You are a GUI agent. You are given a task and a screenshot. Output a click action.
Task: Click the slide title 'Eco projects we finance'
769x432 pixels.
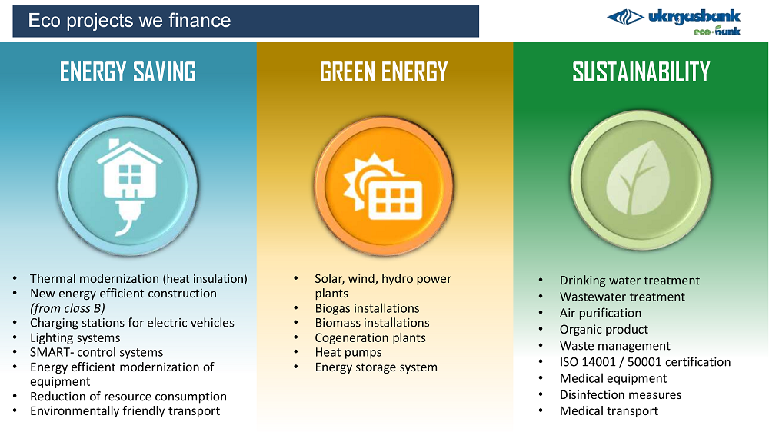click(x=129, y=21)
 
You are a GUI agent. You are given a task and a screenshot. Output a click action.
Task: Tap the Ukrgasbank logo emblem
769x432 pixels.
click(x=625, y=17)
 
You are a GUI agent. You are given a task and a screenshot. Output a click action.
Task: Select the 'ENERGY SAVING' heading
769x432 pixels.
click(x=128, y=71)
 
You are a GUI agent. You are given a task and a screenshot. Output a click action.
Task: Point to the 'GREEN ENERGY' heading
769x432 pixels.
click(x=384, y=71)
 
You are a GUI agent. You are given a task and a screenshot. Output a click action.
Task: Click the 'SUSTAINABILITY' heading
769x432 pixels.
click(x=641, y=71)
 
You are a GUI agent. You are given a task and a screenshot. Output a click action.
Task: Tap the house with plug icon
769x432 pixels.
click(x=128, y=186)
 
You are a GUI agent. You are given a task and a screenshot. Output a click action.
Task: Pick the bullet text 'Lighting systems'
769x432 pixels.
click(x=75, y=338)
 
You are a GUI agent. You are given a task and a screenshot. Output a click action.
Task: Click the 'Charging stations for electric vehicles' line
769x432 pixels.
click(x=132, y=323)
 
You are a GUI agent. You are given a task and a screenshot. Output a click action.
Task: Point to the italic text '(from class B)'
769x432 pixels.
click(x=68, y=308)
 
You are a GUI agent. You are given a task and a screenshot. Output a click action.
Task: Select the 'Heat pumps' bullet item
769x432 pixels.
click(x=348, y=353)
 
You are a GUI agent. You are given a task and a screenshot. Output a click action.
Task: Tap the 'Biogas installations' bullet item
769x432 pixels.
click(x=368, y=308)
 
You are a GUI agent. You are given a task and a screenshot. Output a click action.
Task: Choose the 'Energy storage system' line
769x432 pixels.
click(x=376, y=367)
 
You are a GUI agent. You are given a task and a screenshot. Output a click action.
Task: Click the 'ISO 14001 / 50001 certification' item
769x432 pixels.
click(x=645, y=362)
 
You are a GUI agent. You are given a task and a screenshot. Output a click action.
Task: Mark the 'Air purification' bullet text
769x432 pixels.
click(x=601, y=313)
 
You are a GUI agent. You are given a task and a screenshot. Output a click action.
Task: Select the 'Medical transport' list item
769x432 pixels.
click(x=608, y=411)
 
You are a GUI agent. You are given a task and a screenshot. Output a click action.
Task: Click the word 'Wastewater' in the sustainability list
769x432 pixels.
click(x=590, y=297)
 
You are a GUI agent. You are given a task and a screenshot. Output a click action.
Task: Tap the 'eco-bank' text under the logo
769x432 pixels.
click(x=717, y=31)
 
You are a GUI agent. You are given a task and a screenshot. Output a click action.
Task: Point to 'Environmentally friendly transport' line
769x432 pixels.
click(x=125, y=411)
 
